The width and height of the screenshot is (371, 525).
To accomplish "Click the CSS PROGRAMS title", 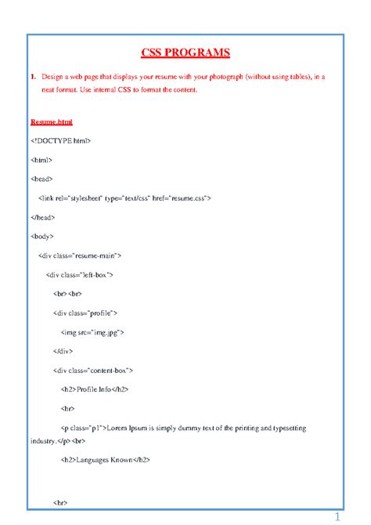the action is click(185, 53).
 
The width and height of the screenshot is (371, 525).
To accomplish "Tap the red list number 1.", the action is click(34, 78).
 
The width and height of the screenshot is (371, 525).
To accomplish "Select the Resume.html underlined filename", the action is click(56, 122).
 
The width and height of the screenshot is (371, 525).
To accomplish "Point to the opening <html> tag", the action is click(41, 159).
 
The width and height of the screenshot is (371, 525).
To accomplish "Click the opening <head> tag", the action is click(42, 179).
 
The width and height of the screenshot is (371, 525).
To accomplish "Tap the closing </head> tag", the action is click(43, 217).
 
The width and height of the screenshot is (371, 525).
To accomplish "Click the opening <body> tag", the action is click(43, 236).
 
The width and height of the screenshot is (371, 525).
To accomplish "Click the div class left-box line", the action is click(81, 275).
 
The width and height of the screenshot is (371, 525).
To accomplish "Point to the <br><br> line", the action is click(68, 294).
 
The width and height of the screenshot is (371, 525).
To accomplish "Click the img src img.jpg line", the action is click(92, 332).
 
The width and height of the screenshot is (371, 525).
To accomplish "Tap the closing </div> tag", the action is click(65, 351).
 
